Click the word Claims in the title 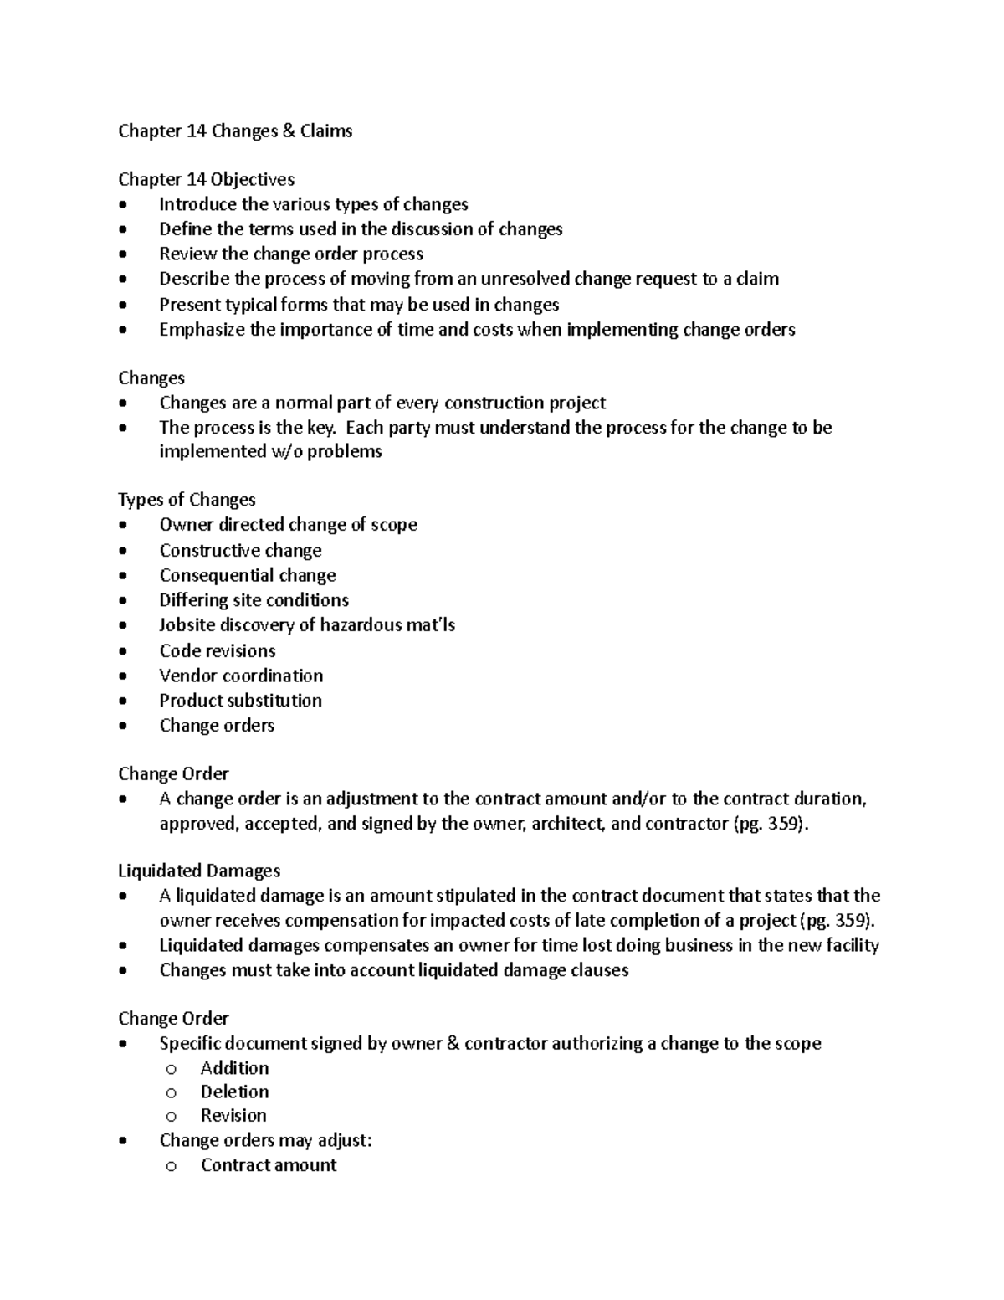(x=325, y=131)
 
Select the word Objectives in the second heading (x=252, y=179)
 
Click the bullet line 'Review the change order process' (x=291, y=254)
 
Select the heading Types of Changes (x=187, y=500)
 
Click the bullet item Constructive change (x=240, y=550)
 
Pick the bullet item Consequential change (x=248, y=575)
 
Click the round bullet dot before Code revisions (x=124, y=651)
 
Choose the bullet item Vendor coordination (x=241, y=676)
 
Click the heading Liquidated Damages (x=199, y=871)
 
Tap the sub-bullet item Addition (x=234, y=1068)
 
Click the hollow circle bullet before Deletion (x=172, y=1092)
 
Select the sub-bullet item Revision (x=233, y=1115)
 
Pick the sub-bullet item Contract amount (x=269, y=1164)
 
